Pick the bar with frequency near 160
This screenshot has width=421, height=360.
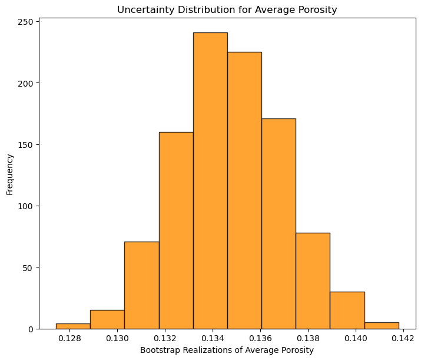[x=176, y=230]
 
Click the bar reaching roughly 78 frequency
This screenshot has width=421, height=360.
[x=313, y=280]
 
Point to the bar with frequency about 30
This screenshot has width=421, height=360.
[x=347, y=310]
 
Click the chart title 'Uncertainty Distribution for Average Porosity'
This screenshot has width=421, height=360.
[x=227, y=9]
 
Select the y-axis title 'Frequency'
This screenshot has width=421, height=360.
[x=10, y=174]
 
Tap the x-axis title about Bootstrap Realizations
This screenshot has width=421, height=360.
[x=227, y=350]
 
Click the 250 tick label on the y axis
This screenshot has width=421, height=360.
[x=26, y=22]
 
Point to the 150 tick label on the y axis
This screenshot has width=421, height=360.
[x=26, y=144]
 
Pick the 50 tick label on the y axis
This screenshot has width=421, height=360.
[x=29, y=267]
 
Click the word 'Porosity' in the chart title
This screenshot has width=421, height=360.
[x=319, y=9]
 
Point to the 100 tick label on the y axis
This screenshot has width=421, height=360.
[x=26, y=206]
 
